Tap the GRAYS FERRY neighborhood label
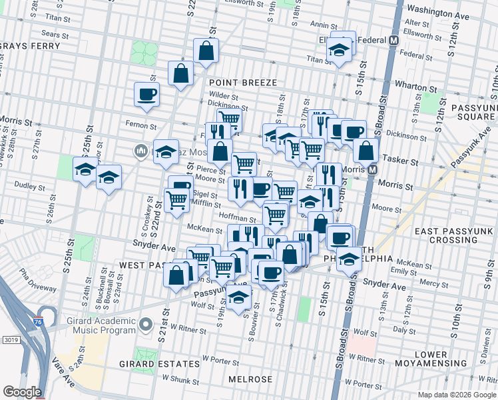[31, 46]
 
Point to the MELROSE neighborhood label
[250, 379]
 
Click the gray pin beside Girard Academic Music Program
[146, 326]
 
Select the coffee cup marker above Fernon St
[146, 95]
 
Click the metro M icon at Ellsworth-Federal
[393, 40]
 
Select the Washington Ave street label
[436, 10]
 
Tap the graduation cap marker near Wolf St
[239, 299]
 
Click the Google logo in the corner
[21, 392]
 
